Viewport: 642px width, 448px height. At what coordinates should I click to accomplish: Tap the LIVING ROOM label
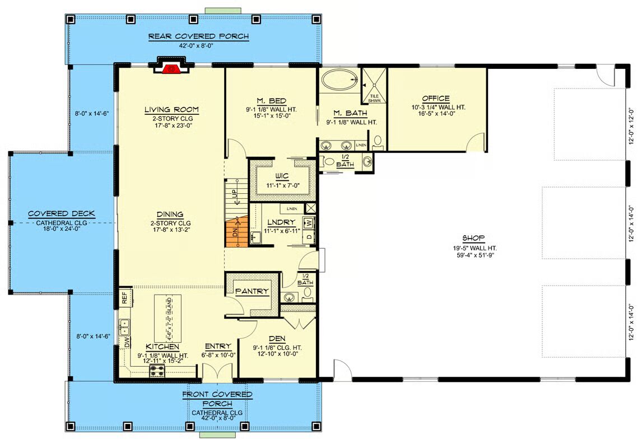point(171,110)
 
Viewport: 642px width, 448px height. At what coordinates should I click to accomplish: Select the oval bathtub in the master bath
point(340,79)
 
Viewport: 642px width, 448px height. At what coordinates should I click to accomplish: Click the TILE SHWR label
point(374,98)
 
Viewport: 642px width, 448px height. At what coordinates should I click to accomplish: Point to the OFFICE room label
point(436,99)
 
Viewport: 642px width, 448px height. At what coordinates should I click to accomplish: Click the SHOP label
point(474,238)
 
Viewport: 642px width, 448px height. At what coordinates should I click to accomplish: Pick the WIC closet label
point(282,176)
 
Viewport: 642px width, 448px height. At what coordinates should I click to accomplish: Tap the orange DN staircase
point(236,232)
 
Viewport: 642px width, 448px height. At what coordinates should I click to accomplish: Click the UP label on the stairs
point(234,193)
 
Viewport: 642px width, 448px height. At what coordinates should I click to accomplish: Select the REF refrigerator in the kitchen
point(125,297)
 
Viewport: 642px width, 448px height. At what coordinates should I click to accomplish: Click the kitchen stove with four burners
point(157,371)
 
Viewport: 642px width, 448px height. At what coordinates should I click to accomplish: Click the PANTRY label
point(252,291)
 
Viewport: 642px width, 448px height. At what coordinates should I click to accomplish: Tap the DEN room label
point(277,339)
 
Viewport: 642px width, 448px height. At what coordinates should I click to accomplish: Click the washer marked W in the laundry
point(309,223)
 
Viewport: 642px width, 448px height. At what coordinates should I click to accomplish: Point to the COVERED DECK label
point(62,213)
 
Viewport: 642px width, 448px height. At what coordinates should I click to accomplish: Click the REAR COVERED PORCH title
point(198,36)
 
